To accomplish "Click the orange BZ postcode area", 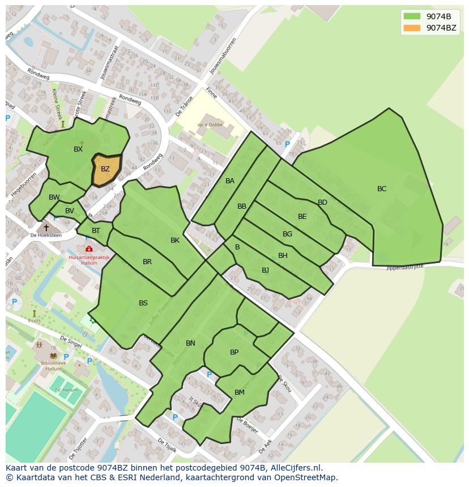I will point(106,169).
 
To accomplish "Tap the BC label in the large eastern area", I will point(382,189).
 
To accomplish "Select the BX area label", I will point(78,149).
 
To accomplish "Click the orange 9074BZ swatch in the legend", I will point(412,28).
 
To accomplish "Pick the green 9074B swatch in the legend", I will point(412,16).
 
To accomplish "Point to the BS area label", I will point(143,303).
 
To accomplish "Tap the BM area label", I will point(240,393).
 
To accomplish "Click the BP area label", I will point(234,352).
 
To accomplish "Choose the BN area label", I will point(190,343).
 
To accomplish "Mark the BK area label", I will point(175,240).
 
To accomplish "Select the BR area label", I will point(147,262).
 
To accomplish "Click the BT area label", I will point(96,231).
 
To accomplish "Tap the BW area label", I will point(54,197).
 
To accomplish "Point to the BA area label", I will point(230,181).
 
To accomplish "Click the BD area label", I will point(322,202).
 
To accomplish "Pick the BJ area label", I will point(265,270).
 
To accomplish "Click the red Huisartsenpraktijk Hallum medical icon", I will point(89,249).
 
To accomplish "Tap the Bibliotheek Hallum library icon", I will point(53,356).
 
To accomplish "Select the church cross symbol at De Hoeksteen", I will point(46,227).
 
